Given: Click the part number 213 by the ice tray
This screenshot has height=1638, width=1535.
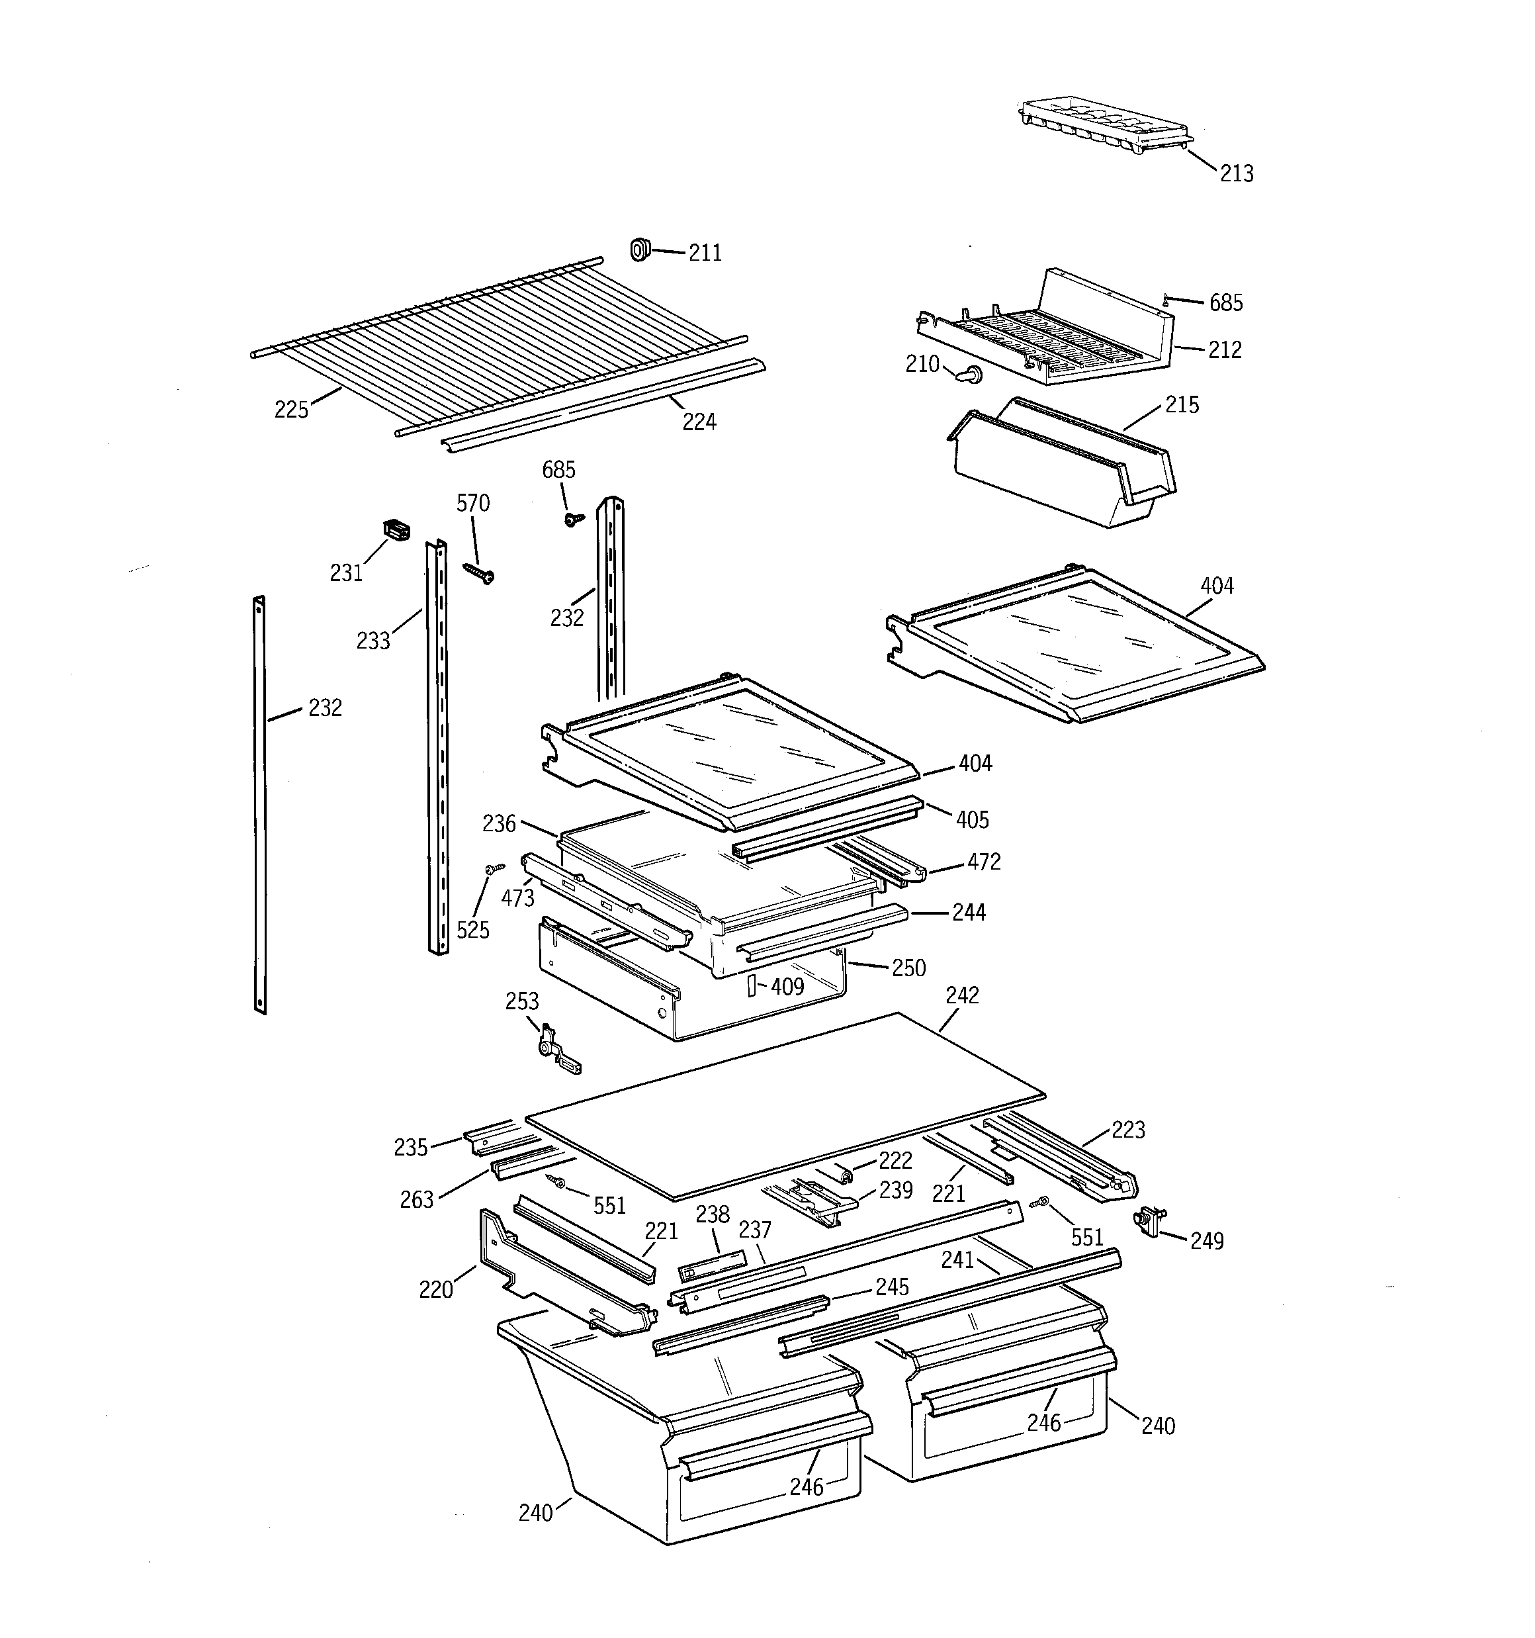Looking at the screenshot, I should tap(1236, 174).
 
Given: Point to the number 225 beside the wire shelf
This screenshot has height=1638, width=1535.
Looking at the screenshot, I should tap(291, 410).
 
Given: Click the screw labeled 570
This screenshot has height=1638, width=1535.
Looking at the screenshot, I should tap(478, 572).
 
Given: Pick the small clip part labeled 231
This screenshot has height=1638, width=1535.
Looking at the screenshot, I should tap(396, 531).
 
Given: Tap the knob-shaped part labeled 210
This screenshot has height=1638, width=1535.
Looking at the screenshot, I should tap(969, 375).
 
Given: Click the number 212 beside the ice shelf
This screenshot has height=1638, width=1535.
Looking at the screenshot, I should tap(1225, 350).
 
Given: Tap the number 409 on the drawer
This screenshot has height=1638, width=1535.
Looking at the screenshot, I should tap(787, 986).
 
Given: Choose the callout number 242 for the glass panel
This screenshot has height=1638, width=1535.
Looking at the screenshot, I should tap(961, 995).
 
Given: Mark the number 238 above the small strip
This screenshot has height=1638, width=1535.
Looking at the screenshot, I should tap(712, 1214).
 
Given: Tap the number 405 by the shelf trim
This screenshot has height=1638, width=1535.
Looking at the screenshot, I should tap(972, 820).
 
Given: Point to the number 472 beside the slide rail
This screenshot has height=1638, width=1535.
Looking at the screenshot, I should tap(984, 862).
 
